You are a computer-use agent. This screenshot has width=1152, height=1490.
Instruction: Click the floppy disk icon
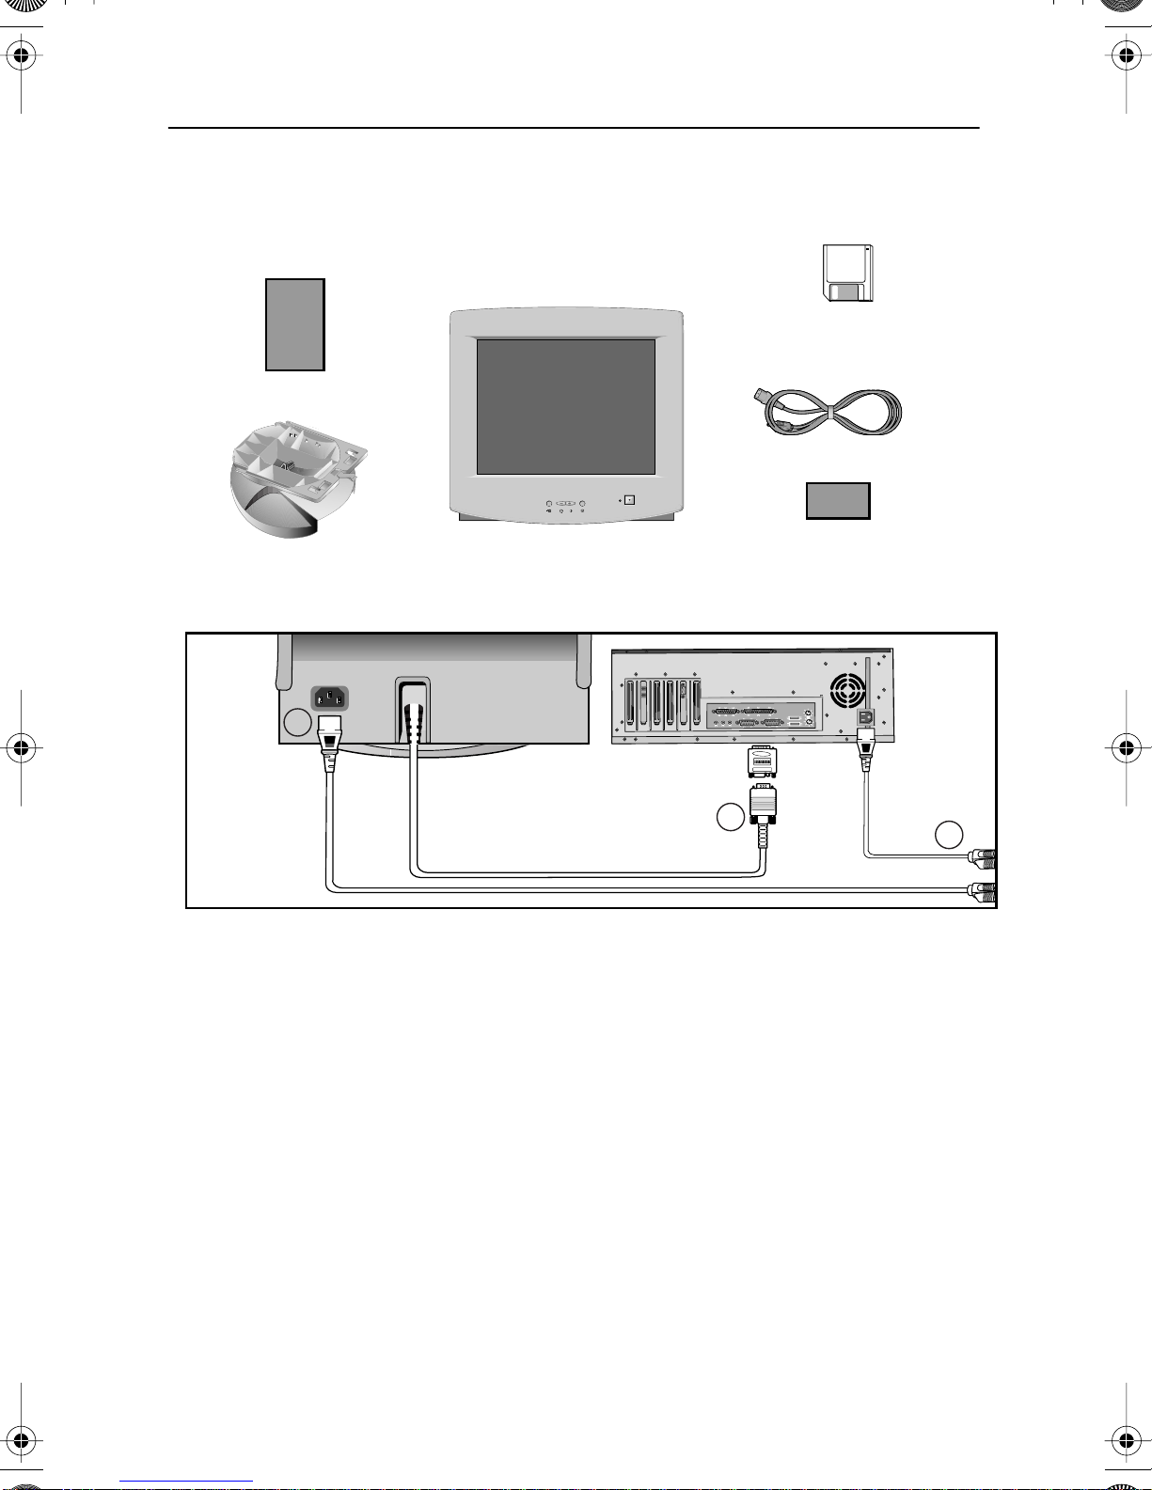coord(847,274)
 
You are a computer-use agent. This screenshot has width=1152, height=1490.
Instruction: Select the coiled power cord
coord(828,411)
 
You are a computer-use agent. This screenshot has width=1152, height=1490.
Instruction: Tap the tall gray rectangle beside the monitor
coord(295,324)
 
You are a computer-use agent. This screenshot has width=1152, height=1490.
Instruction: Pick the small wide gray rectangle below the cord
coord(838,501)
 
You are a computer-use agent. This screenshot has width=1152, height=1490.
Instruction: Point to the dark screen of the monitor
coord(565,406)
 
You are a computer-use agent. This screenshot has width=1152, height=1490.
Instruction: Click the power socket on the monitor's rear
coord(329,698)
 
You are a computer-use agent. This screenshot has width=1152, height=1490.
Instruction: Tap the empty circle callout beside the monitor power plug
coord(297,722)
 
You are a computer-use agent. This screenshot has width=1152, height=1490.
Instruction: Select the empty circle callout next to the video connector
coord(730,817)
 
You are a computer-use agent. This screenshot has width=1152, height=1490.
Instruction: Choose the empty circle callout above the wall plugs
coord(949,834)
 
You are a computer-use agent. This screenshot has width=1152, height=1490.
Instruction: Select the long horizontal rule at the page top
coord(574,128)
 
